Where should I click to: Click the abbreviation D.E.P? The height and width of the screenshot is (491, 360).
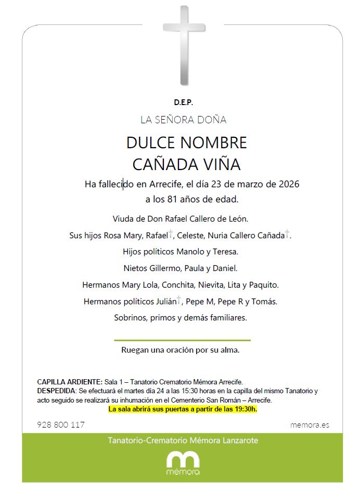184,103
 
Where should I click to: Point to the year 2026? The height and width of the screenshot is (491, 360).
289,184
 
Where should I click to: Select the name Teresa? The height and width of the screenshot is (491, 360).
224,252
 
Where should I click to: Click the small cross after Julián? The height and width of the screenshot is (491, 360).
179,300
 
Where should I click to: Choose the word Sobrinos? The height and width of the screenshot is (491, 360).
131,317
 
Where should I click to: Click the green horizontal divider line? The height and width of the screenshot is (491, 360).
182,340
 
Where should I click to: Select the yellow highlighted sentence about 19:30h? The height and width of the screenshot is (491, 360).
183,409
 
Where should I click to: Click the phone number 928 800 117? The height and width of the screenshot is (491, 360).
61,424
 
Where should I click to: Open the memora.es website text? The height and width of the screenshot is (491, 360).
309,425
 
